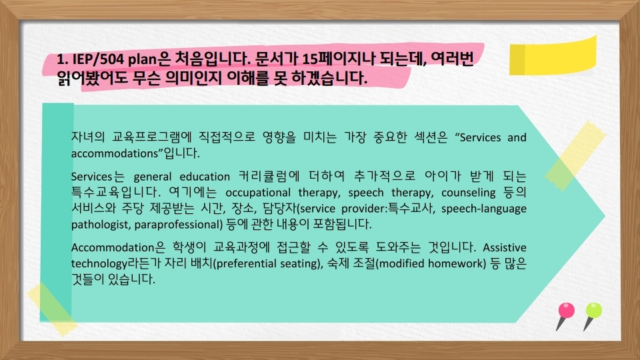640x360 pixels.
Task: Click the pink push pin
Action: pos(566,315)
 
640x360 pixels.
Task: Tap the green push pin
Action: pos(592,315)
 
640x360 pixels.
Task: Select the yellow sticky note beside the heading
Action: pos(553,56)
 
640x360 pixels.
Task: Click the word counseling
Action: pos(468,193)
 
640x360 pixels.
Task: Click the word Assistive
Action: pos(505,248)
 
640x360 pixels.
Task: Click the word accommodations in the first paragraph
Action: pos(116,153)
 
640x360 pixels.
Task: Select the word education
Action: pos(205,177)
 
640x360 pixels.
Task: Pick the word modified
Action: pos(401,264)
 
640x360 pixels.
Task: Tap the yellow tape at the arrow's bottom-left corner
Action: pos(52,309)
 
